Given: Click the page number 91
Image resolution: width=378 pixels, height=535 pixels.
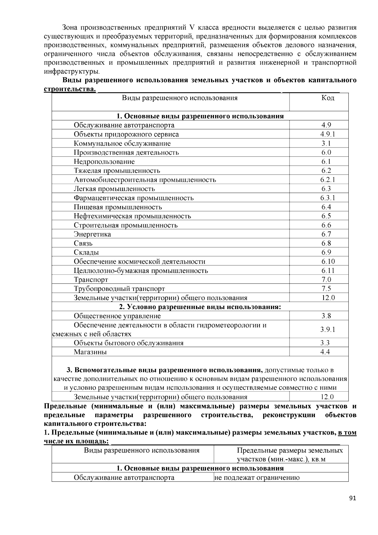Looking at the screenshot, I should [353, 498].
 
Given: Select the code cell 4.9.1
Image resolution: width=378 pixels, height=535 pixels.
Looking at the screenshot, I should [328, 134].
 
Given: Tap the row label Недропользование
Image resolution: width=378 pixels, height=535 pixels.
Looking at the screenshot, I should [104, 162].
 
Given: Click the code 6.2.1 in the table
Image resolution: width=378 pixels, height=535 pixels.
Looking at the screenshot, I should [328, 180].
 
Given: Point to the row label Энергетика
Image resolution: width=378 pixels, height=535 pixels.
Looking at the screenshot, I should [92, 234].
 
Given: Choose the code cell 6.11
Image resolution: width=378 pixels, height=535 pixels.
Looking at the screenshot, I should [328, 271].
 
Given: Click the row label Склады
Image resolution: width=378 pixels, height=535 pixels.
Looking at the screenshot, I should [86, 252].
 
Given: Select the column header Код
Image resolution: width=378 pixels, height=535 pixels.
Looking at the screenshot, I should [328, 98].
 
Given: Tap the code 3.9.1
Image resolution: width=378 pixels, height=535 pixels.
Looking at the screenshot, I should [328, 330].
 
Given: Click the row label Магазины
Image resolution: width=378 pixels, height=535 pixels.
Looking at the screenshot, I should [90, 352].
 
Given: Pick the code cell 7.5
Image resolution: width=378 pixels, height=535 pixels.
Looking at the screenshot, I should [326, 289].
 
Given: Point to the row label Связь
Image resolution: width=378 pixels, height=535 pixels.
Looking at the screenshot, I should [83, 243].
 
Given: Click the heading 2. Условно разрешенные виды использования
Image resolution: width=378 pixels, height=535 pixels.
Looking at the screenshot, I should [200, 307].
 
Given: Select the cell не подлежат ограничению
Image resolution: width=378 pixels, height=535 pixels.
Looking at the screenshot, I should [257, 478].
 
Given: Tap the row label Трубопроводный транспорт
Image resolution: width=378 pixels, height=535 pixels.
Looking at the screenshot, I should [119, 289].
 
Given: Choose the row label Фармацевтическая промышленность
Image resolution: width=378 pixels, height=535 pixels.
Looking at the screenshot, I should [134, 198].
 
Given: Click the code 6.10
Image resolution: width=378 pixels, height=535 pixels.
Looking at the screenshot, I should [328, 262].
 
